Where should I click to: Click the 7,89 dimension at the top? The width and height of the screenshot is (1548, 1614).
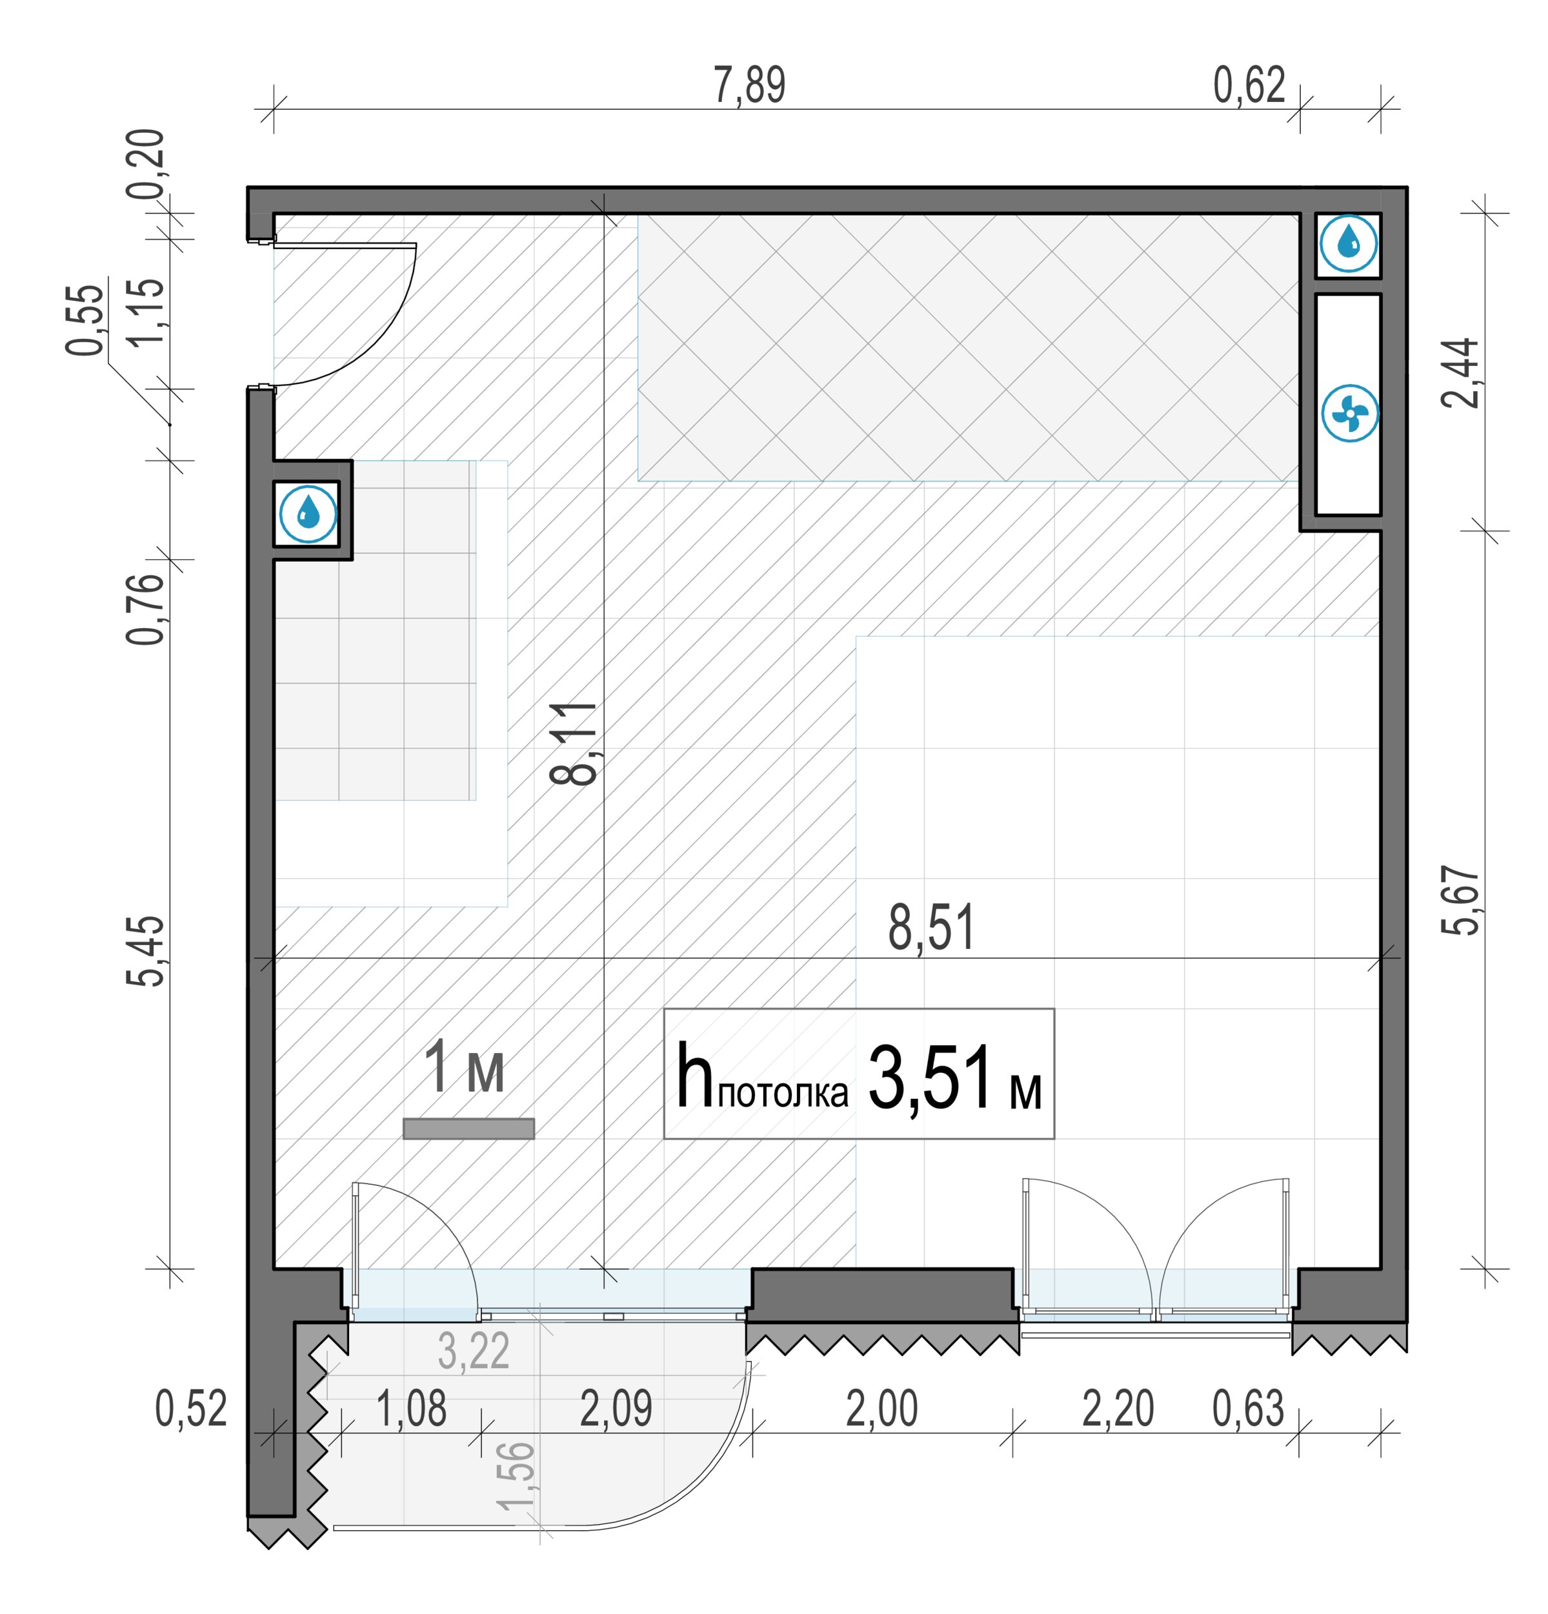pyautogui.click(x=749, y=86)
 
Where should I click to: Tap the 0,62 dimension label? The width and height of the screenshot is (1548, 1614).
pyautogui.click(x=1249, y=86)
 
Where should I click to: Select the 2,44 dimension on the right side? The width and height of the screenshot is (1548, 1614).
pyautogui.click(x=1460, y=373)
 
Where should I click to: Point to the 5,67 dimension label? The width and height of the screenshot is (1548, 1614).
pyautogui.click(x=1460, y=900)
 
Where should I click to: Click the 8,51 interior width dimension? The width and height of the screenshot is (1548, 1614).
pyautogui.click(x=930, y=927)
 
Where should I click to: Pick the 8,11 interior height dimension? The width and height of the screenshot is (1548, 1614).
pyautogui.click(x=573, y=744)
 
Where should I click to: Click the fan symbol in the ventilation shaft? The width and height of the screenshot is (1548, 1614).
pyautogui.click(x=1349, y=413)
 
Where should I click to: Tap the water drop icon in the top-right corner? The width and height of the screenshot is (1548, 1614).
pyautogui.click(x=1348, y=243)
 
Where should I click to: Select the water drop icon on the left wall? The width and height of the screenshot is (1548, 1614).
pyautogui.click(x=308, y=514)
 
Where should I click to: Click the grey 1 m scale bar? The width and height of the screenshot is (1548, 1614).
pyautogui.click(x=468, y=1128)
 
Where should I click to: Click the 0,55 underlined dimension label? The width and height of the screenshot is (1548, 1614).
pyautogui.click(x=86, y=320)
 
